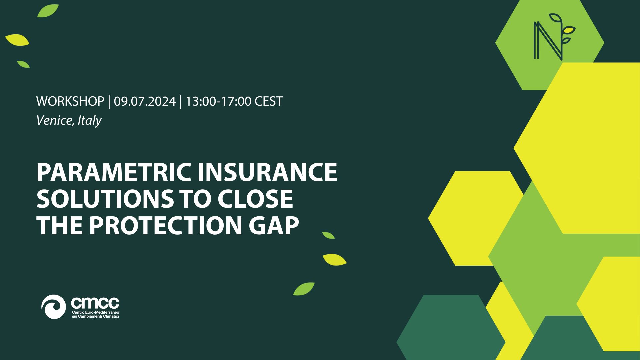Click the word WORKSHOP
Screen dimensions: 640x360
[70, 101]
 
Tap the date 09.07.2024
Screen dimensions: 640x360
[145, 101]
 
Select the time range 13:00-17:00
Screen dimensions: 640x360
[218, 101]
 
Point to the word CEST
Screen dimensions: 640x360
[269, 101]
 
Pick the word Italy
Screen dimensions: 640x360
[90, 120]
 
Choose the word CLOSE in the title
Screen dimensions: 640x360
[255, 199]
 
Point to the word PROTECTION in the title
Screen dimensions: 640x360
[165, 226]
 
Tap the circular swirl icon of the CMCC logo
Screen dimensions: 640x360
[53, 307]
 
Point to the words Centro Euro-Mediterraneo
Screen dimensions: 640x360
[95, 312]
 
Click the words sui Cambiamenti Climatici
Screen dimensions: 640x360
[95, 316]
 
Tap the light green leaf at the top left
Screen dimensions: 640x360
[48, 11]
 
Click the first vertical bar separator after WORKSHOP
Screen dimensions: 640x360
[109, 101]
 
